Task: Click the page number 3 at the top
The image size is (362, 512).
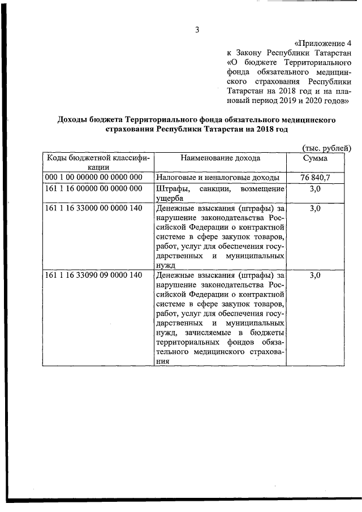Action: point(197,30)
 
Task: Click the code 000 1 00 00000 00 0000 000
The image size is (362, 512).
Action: point(93,178)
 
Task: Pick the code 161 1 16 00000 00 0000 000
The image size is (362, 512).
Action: point(93,189)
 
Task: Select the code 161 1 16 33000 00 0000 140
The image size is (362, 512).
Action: point(93,209)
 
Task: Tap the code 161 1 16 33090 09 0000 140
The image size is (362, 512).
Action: point(93,276)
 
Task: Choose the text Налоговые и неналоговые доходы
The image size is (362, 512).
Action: point(217,178)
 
